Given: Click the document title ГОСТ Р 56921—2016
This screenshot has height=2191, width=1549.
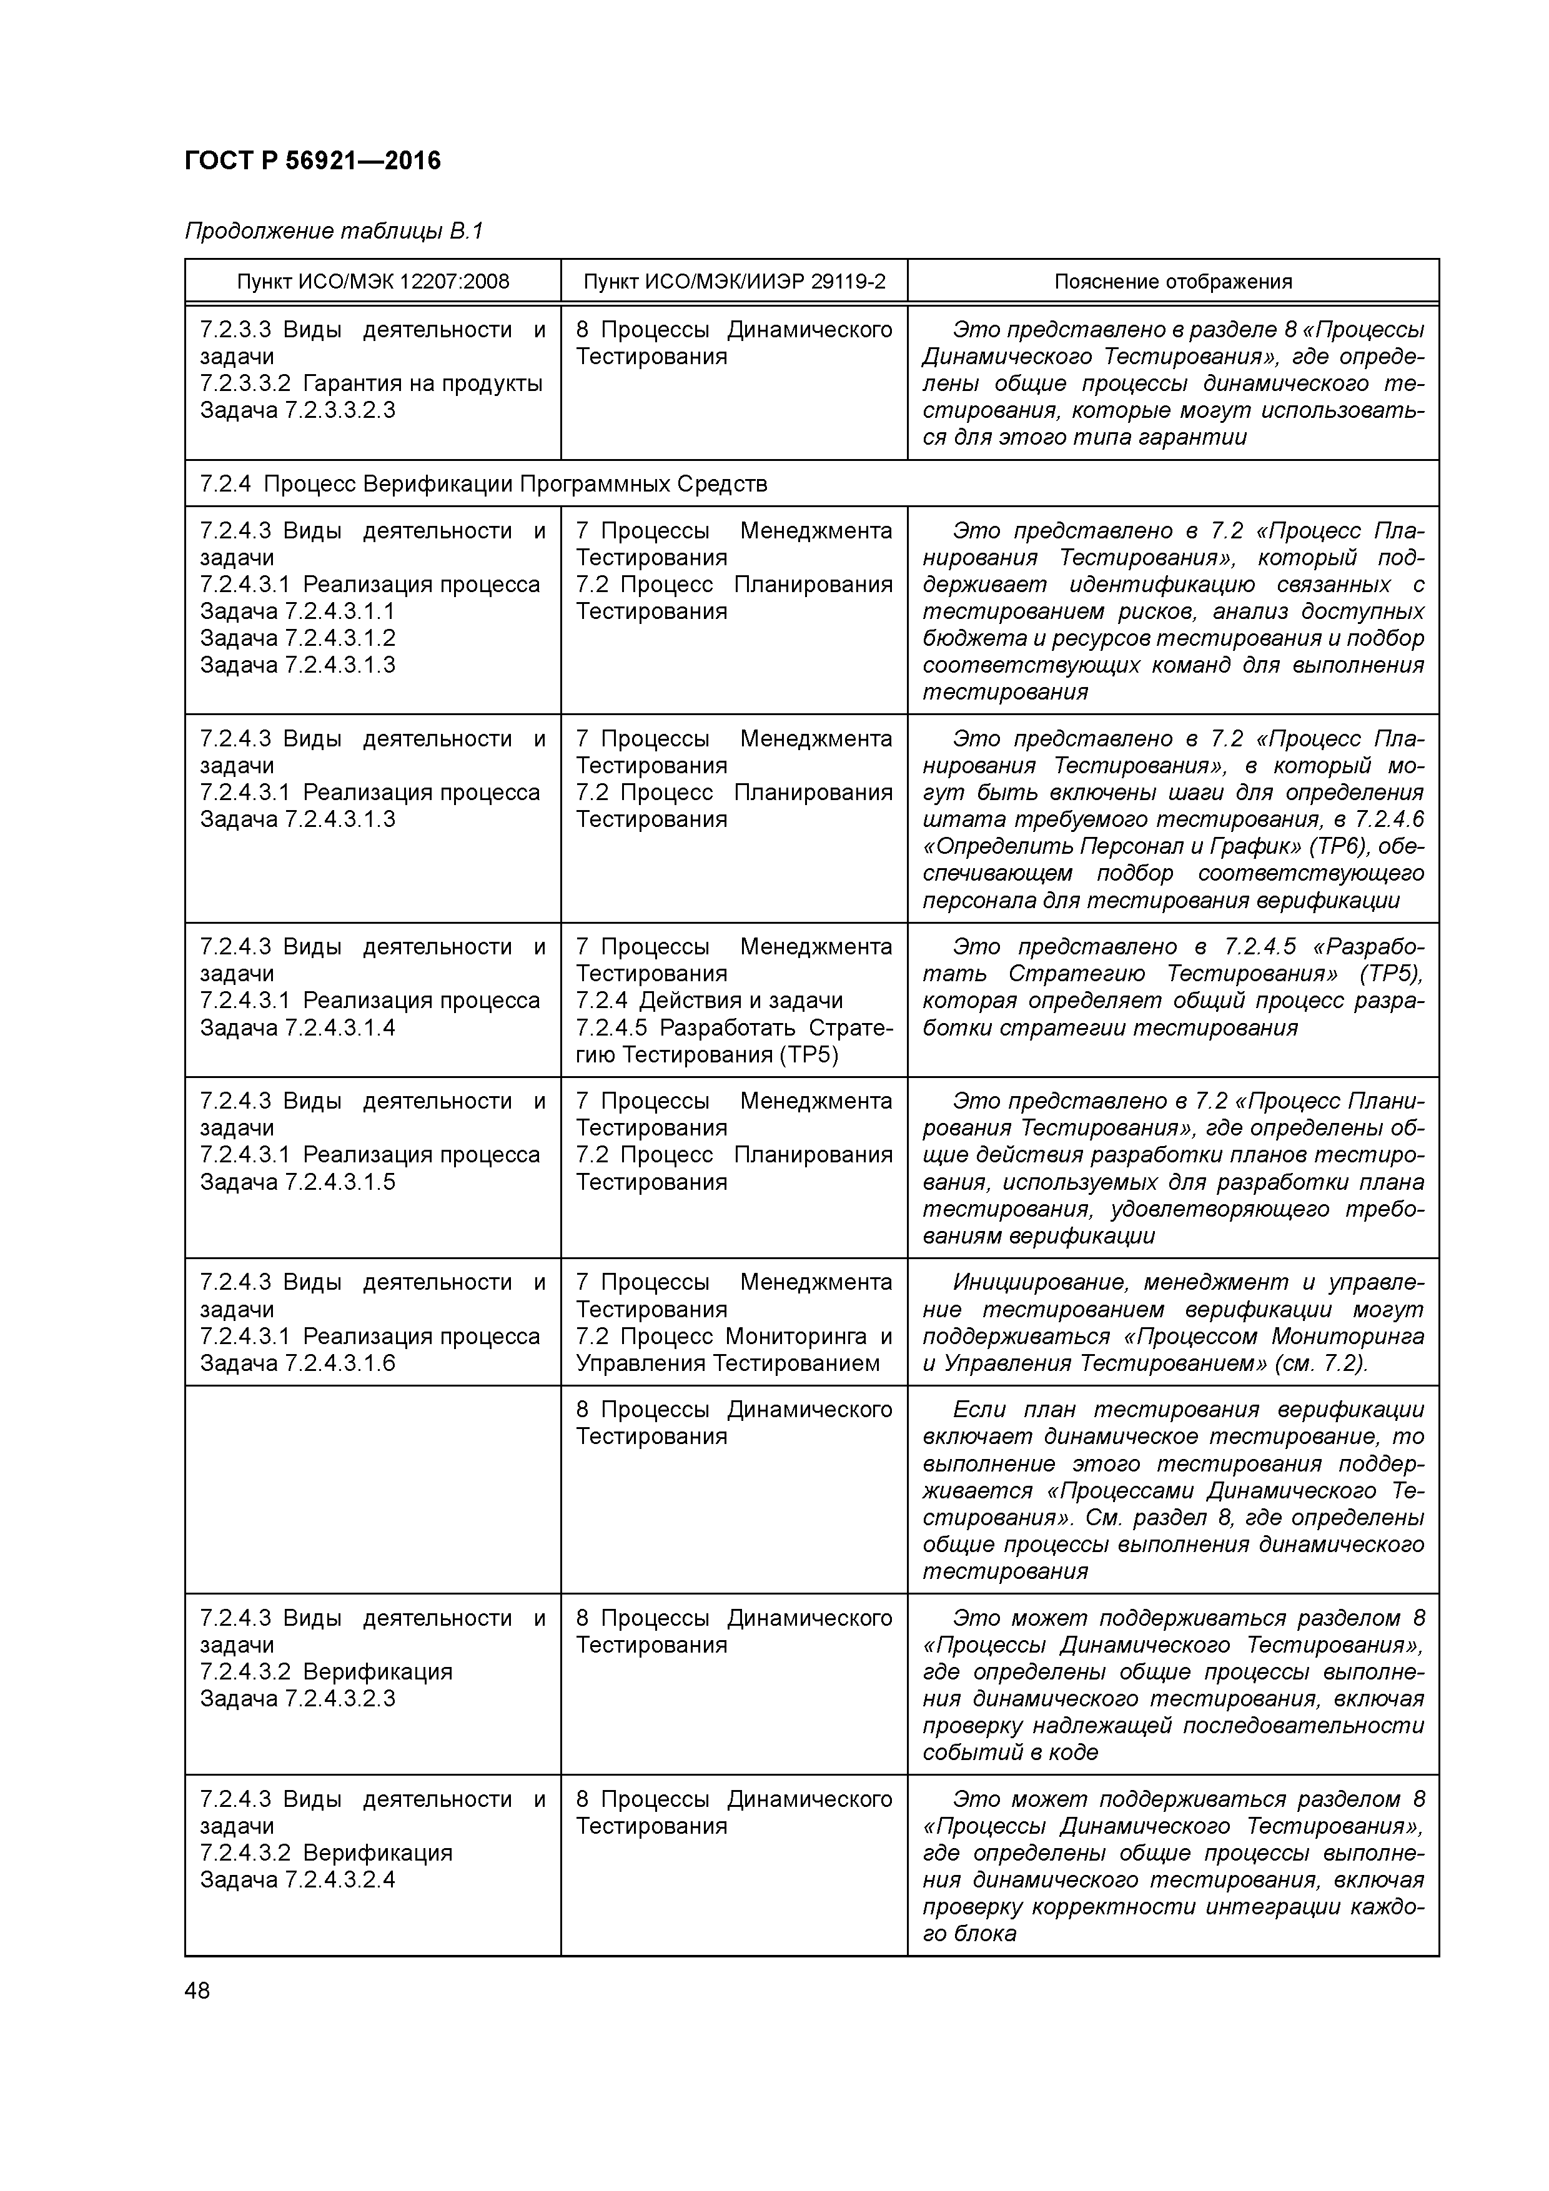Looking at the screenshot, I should click(x=312, y=161).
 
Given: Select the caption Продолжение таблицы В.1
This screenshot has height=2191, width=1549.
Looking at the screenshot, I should click(x=334, y=231).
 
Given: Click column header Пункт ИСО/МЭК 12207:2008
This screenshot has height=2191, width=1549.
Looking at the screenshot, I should click(x=372, y=282).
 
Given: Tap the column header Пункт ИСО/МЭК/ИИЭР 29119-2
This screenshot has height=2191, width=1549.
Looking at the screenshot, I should click(x=734, y=282).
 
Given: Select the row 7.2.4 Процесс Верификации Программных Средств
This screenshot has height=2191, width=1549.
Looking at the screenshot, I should click(x=483, y=484).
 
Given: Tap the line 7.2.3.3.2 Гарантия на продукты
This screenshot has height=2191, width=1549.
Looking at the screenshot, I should click(x=370, y=383).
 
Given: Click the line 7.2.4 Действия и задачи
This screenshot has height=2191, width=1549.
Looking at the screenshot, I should click(x=709, y=1001).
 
